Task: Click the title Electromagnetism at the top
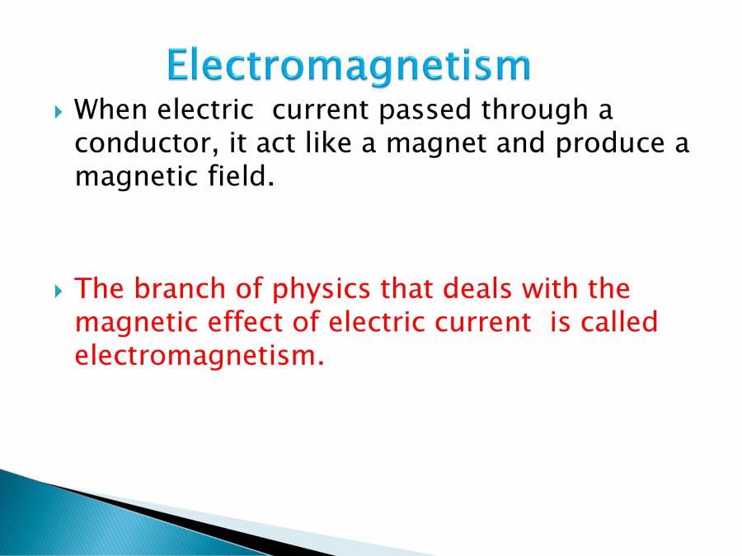click(x=347, y=65)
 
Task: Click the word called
click(x=618, y=322)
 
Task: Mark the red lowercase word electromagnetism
click(x=195, y=356)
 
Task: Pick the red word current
click(x=472, y=323)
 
